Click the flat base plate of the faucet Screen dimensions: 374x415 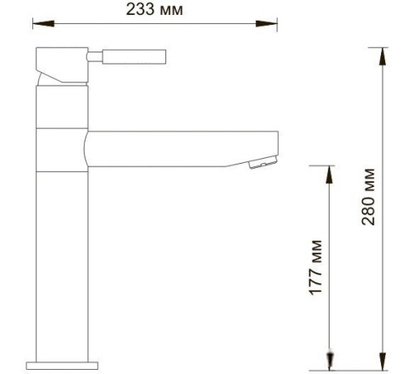63,364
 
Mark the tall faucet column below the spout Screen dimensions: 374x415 63,266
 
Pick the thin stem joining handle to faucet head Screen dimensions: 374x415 94,57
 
